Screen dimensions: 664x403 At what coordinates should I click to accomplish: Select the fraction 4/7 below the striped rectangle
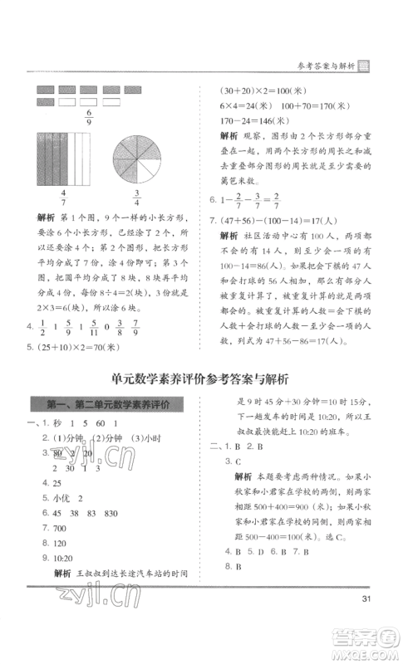click(62, 199)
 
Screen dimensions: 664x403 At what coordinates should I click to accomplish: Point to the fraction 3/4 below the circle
click(136, 199)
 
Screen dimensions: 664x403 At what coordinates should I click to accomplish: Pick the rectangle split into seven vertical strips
click(63, 161)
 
